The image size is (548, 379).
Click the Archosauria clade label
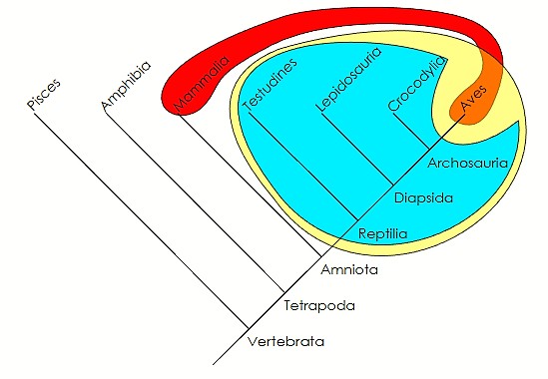click(469, 161)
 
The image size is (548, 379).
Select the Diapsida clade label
click(424, 197)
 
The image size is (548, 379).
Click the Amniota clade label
click(345, 269)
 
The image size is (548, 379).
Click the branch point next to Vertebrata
click(248, 327)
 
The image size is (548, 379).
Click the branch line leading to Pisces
click(140, 219)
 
